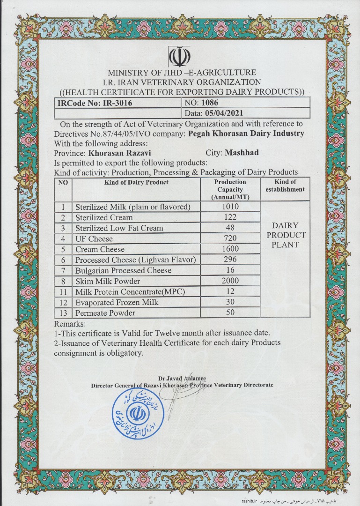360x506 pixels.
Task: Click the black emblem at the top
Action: [x=180, y=57]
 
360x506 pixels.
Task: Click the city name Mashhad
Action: [x=242, y=153]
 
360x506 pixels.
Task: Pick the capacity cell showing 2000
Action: [x=230, y=281]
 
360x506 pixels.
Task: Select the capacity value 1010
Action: [x=230, y=207]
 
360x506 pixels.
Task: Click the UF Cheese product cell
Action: [x=94, y=238]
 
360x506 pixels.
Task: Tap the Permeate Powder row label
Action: [x=105, y=313]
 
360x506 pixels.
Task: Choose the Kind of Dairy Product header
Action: [x=136, y=182]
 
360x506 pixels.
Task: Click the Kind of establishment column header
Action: [x=285, y=186]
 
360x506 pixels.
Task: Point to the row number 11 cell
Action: [x=63, y=292]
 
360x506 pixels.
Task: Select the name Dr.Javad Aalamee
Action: [x=182, y=378]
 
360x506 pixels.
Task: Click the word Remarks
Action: [x=70, y=324]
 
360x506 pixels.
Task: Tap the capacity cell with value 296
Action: [x=230, y=259]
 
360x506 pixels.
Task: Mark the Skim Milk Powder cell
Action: [x=108, y=281]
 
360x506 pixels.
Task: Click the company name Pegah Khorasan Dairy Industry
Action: [x=246, y=134]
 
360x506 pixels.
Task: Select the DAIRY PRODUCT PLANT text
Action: [x=285, y=235]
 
